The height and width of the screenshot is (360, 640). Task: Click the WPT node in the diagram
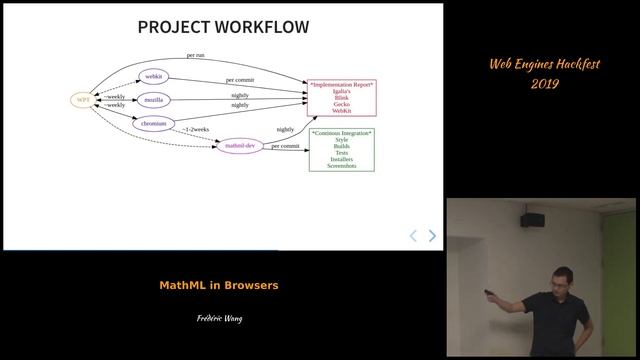pyautogui.click(x=82, y=100)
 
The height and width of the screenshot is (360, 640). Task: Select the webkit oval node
pyautogui.click(x=154, y=76)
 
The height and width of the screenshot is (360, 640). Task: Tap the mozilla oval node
pyautogui.click(x=154, y=100)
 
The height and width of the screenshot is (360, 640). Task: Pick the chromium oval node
pyautogui.click(x=154, y=124)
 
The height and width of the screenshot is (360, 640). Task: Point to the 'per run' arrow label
pyautogui.click(x=196, y=55)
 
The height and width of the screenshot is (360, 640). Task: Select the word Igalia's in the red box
pyautogui.click(x=341, y=92)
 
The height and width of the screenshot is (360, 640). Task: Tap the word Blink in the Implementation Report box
pyautogui.click(x=341, y=98)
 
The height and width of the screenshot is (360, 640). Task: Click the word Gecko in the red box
pyautogui.click(x=341, y=104)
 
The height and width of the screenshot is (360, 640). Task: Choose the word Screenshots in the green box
pyautogui.click(x=341, y=165)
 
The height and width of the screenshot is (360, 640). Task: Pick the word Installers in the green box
pyautogui.click(x=341, y=159)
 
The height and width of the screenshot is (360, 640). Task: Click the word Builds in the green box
pyautogui.click(x=341, y=146)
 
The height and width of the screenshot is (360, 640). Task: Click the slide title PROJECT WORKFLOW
pyautogui.click(x=223, y=27)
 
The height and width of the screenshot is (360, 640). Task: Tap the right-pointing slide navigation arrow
pyautogui.click(x=432, y=236)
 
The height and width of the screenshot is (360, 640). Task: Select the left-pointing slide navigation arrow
pyautogui.click(x=413, y=236)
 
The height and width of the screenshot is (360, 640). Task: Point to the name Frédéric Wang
pyautogui.click(x=219, y=319)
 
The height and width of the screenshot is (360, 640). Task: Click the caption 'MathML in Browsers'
pyautogui.click(x=219, y=285)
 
